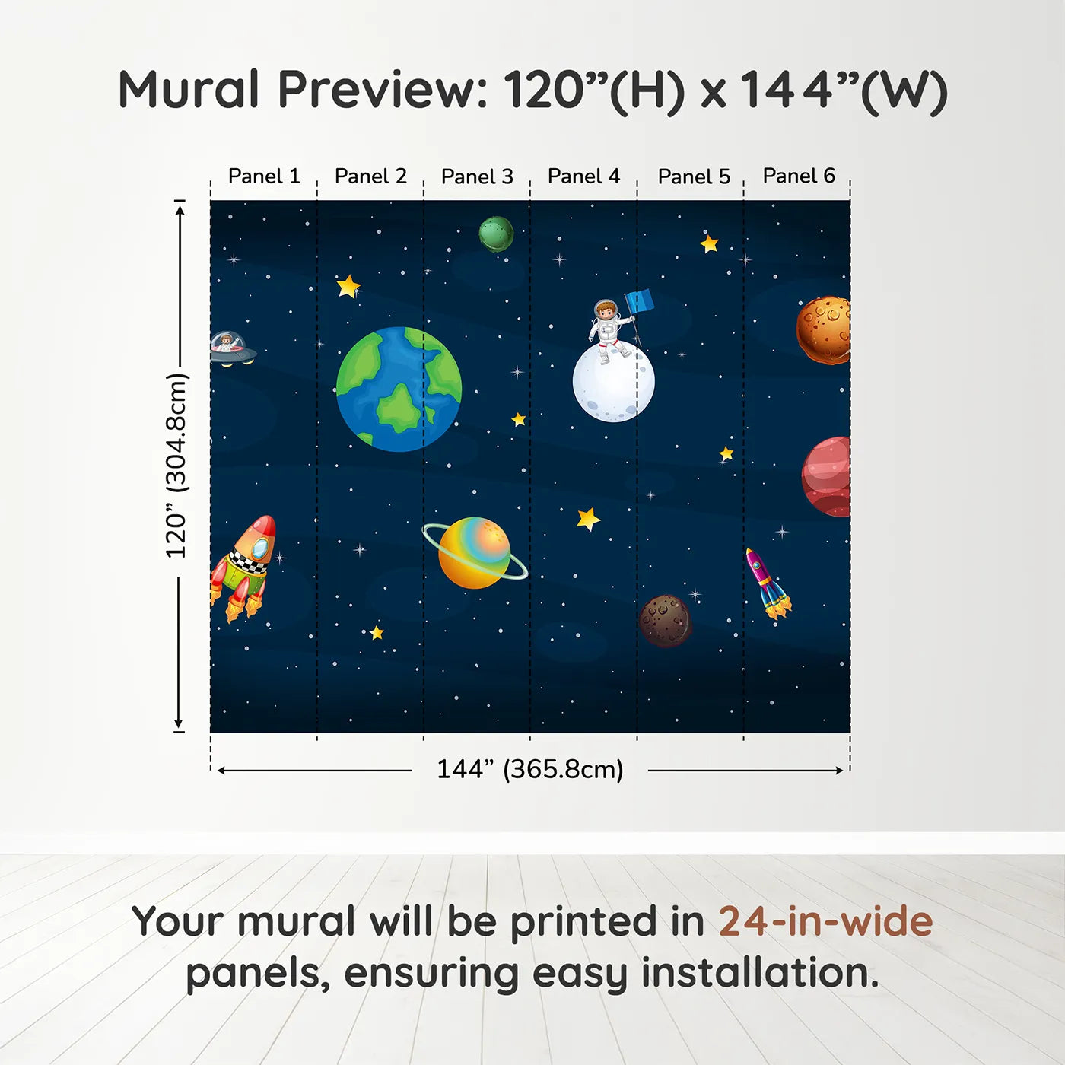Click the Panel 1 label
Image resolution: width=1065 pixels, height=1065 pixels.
(264, 176)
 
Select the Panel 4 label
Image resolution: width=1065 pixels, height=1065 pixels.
(583, 176)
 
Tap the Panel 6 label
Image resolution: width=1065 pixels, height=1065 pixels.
(799, 176)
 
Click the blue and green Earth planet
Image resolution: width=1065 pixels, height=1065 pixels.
(399, 389)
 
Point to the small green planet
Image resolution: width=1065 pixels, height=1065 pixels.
(496, 234)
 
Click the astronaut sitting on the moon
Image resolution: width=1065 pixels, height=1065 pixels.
(608, 329)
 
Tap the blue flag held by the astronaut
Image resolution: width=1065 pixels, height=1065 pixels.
(640, 302)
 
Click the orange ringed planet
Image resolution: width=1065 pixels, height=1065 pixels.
(475, 553)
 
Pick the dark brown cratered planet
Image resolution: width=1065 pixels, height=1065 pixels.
(666, 620)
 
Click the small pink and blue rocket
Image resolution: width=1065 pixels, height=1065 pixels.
(768, 583)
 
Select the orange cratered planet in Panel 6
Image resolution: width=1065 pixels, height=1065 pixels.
(824, 330)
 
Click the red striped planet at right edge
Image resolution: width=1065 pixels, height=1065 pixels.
(828, 477)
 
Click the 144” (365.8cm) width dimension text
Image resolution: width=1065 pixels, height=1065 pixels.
(529, 769)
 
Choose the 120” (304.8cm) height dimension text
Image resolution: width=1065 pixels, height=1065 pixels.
(176, 466)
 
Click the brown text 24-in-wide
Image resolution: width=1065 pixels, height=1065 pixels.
(825, 921)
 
